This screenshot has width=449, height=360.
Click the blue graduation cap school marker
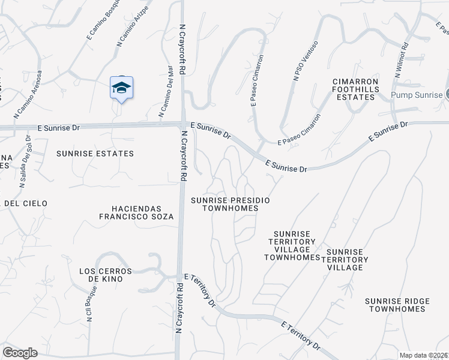tap(121, 89)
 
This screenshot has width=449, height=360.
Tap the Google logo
tap(20, 353)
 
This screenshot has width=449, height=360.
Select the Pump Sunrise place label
tap(417, 95)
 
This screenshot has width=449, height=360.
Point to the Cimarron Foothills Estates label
tap(357, 89)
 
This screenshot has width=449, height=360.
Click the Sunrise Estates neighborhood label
tap(95, 154)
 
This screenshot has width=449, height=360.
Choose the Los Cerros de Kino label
tap(101, 275)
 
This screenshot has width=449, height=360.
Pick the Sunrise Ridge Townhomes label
tap(397, 305)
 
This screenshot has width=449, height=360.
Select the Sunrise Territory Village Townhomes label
tap(292, 245)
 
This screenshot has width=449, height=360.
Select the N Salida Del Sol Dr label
tap(25, 161)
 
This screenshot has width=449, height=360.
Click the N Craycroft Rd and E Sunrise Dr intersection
tap(182, 125)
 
